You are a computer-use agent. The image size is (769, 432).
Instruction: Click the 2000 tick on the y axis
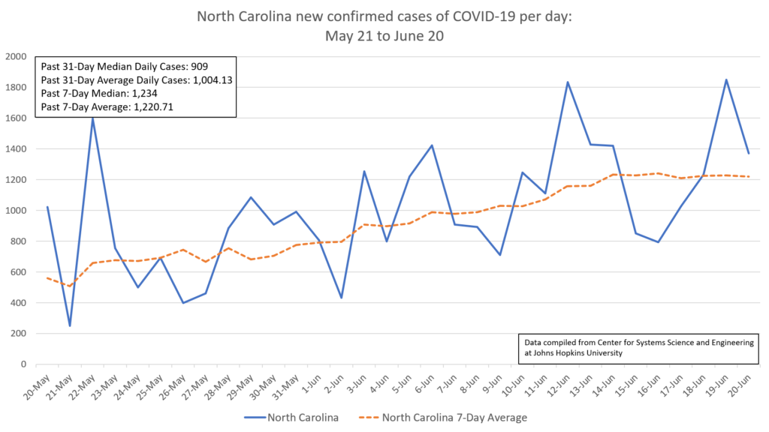[16, 57]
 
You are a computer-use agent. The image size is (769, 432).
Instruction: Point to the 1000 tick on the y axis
[16, 211]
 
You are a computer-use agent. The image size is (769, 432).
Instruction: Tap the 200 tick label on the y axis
[19, 334]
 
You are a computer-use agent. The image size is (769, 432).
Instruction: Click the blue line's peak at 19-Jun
[726, 79]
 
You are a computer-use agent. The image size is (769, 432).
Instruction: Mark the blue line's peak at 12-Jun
[568, 82]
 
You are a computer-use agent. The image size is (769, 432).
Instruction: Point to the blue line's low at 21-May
[70, 325]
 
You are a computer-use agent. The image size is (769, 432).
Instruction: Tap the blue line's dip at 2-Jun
[342, 298]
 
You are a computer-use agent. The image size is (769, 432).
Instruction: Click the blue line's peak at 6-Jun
[432, 145]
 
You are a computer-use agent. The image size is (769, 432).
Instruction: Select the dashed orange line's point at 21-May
[70, 286]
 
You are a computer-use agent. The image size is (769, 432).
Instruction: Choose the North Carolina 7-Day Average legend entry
[443, 417]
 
